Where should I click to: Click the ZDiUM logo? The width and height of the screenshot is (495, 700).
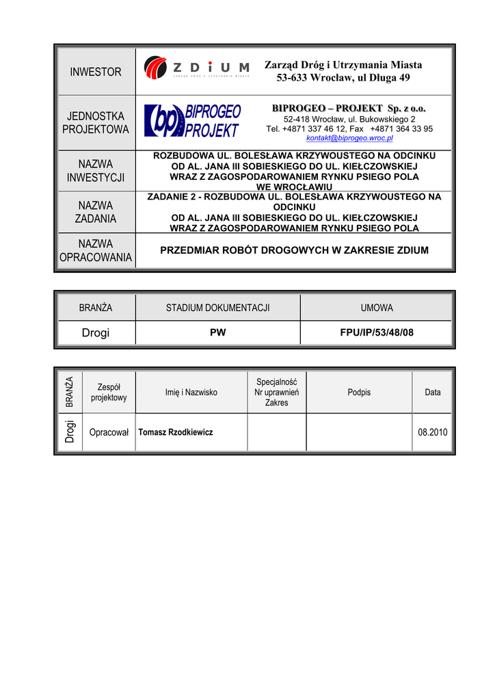(197, 68)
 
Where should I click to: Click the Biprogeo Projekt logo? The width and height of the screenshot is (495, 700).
(192, 120)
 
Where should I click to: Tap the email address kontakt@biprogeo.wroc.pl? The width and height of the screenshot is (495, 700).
(349, 138)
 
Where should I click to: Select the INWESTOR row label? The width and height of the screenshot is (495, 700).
(96, 72)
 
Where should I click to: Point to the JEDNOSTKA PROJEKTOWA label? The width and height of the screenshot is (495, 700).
(96, 123)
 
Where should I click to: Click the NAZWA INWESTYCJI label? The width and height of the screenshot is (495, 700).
(96, 171)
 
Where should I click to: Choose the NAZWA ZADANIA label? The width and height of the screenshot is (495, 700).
(96, 212)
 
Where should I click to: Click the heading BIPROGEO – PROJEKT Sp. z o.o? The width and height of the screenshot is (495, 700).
(349, 109)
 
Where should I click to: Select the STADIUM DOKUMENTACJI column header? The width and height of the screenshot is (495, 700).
(217, 308)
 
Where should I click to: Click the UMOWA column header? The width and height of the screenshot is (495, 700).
(377, 308)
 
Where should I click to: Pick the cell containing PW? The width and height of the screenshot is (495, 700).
(217, 333)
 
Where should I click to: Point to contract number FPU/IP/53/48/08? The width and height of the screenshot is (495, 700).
(377, 333)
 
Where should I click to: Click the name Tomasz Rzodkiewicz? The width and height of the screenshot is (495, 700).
(176, 432)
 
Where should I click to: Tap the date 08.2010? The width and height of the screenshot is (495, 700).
(431, 432)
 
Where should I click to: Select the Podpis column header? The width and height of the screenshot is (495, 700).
(359, 392)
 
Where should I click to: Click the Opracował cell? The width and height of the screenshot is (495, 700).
(109, 432)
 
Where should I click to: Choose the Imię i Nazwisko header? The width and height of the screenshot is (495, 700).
(191, 392)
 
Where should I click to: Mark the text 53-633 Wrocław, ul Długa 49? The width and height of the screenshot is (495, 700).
(343, 77)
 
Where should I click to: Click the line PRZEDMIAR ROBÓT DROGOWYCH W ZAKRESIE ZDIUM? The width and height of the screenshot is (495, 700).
(294, 250)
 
